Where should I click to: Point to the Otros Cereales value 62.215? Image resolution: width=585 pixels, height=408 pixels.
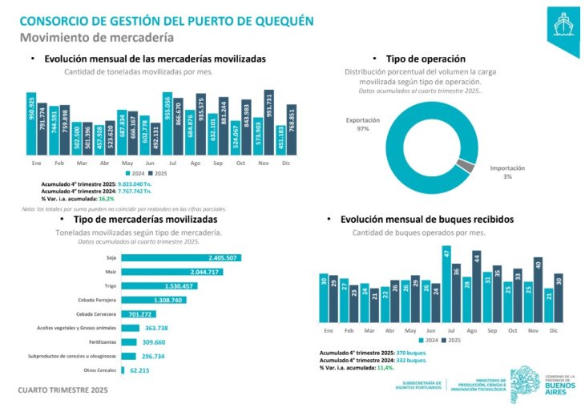139,370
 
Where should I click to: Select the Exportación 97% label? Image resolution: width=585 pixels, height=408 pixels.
362,124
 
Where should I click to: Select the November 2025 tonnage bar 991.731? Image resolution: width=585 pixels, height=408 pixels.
269,121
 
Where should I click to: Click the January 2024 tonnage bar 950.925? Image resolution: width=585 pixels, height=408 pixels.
31,123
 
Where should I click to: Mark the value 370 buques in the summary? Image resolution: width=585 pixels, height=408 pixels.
408,353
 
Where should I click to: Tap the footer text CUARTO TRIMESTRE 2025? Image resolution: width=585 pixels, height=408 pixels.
63,390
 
